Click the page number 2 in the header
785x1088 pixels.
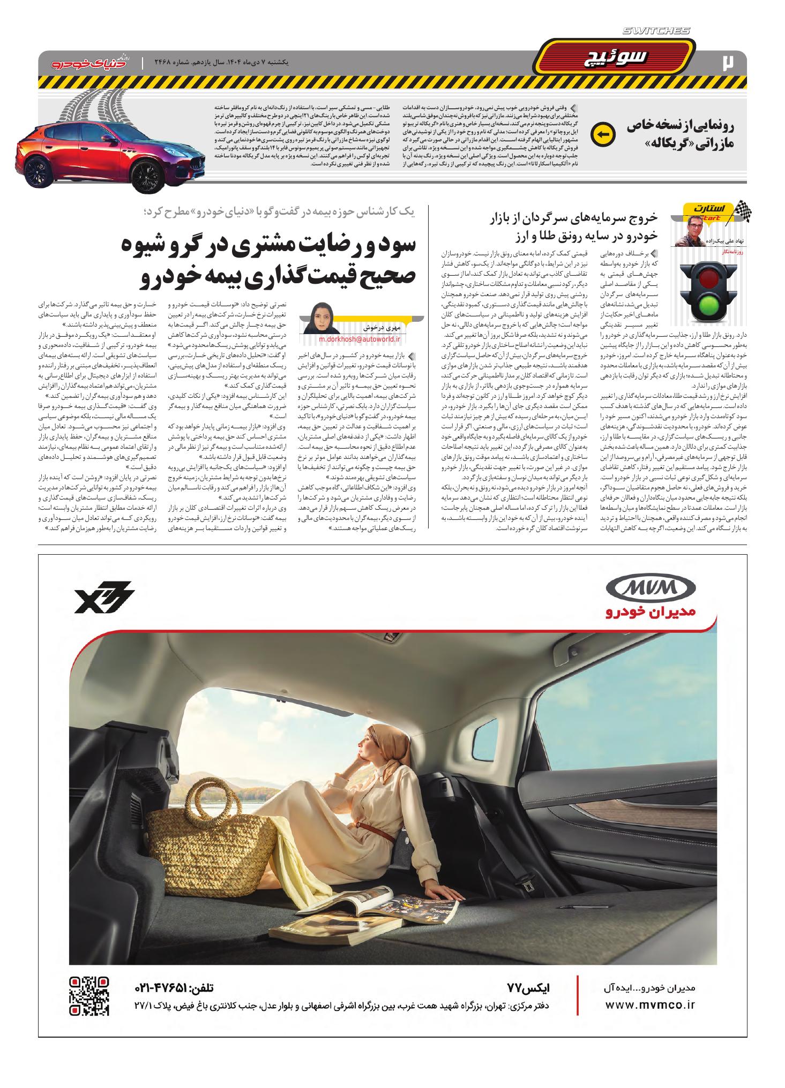click(x=729, y=62)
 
